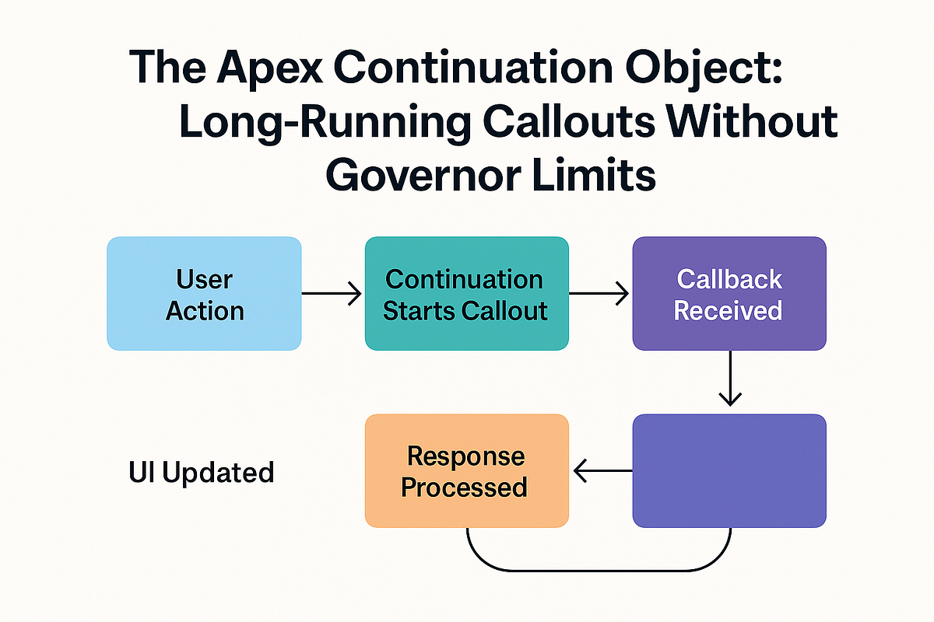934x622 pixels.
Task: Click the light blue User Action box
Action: point(204,294)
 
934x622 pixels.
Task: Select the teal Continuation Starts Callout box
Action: point(467,294)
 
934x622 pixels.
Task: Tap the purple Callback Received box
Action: point(729,294)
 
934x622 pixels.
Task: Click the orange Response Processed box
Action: point(467,471)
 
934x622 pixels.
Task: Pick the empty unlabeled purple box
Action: point(729,471)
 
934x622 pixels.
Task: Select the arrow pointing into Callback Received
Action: point(599,294)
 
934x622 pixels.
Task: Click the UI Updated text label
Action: point(201,472)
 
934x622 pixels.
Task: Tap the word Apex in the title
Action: point(266,68)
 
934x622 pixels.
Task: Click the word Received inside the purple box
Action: point(728,310)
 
